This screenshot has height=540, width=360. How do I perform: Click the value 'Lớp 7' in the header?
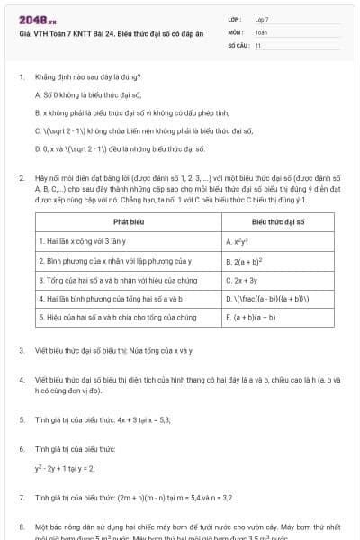pyautogui.click(x=262, y=19)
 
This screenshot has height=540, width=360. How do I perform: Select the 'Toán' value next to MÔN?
pyautogui.click(x=261, y=31)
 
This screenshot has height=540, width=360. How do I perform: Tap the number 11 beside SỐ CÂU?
pyautogui.click(x=258, y=44)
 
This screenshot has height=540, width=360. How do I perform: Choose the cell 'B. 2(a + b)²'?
pyautogui.click(x=246, y=261)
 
